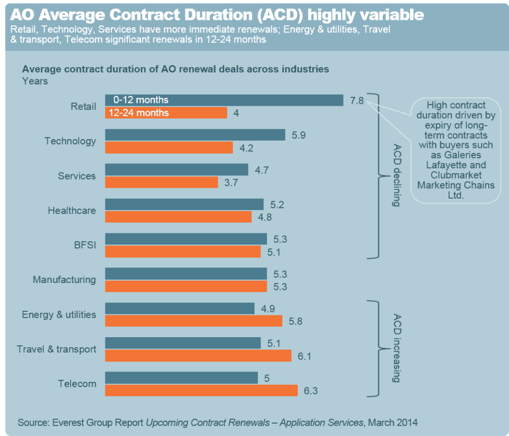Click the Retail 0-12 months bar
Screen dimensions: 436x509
[x=224, y=100]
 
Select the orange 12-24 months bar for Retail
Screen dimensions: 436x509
[x=166, y=113]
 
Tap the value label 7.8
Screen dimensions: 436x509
[x=356, y=100]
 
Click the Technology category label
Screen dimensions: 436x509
[x=70, y=141]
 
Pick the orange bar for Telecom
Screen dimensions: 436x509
[x=201, y=390]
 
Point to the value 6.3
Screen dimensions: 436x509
[x=310, y=391]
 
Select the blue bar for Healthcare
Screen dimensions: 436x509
[x=184, y=205]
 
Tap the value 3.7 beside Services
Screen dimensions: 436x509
[x=231, y=183]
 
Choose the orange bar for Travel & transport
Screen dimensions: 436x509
[x=198, y=356]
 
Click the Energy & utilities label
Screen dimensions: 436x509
[x=59, y=314]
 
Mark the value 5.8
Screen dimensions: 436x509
[x=296, y=321]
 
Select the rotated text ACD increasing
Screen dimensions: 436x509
[x=397, y=348]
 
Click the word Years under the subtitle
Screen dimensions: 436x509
[x=35, y=81]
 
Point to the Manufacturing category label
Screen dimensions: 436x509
[x=64, y=280]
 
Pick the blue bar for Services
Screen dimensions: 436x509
[x=176, y=170]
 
